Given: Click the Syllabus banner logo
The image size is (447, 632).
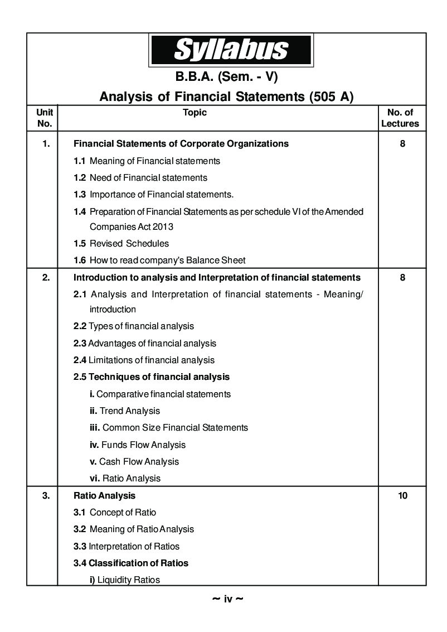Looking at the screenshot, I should coord(231,50).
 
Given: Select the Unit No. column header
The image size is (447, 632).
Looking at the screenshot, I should coord(44,118).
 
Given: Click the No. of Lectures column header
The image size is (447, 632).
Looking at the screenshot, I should coord(400,118).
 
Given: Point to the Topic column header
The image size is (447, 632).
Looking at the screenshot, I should coord(195,113).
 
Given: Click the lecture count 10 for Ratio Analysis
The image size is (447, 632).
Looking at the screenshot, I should coord(402,495).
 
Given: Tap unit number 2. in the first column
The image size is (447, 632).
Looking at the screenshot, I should coord(46,277).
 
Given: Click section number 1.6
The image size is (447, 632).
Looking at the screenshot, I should coord(80,260).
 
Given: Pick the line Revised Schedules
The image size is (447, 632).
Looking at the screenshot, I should coord(129,243).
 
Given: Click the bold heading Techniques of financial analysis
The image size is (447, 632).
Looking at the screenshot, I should coord(159,377).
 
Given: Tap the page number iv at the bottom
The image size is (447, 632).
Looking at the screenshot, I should coord(228,600).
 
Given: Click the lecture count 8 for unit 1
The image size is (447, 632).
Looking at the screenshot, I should coord(402,143).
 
